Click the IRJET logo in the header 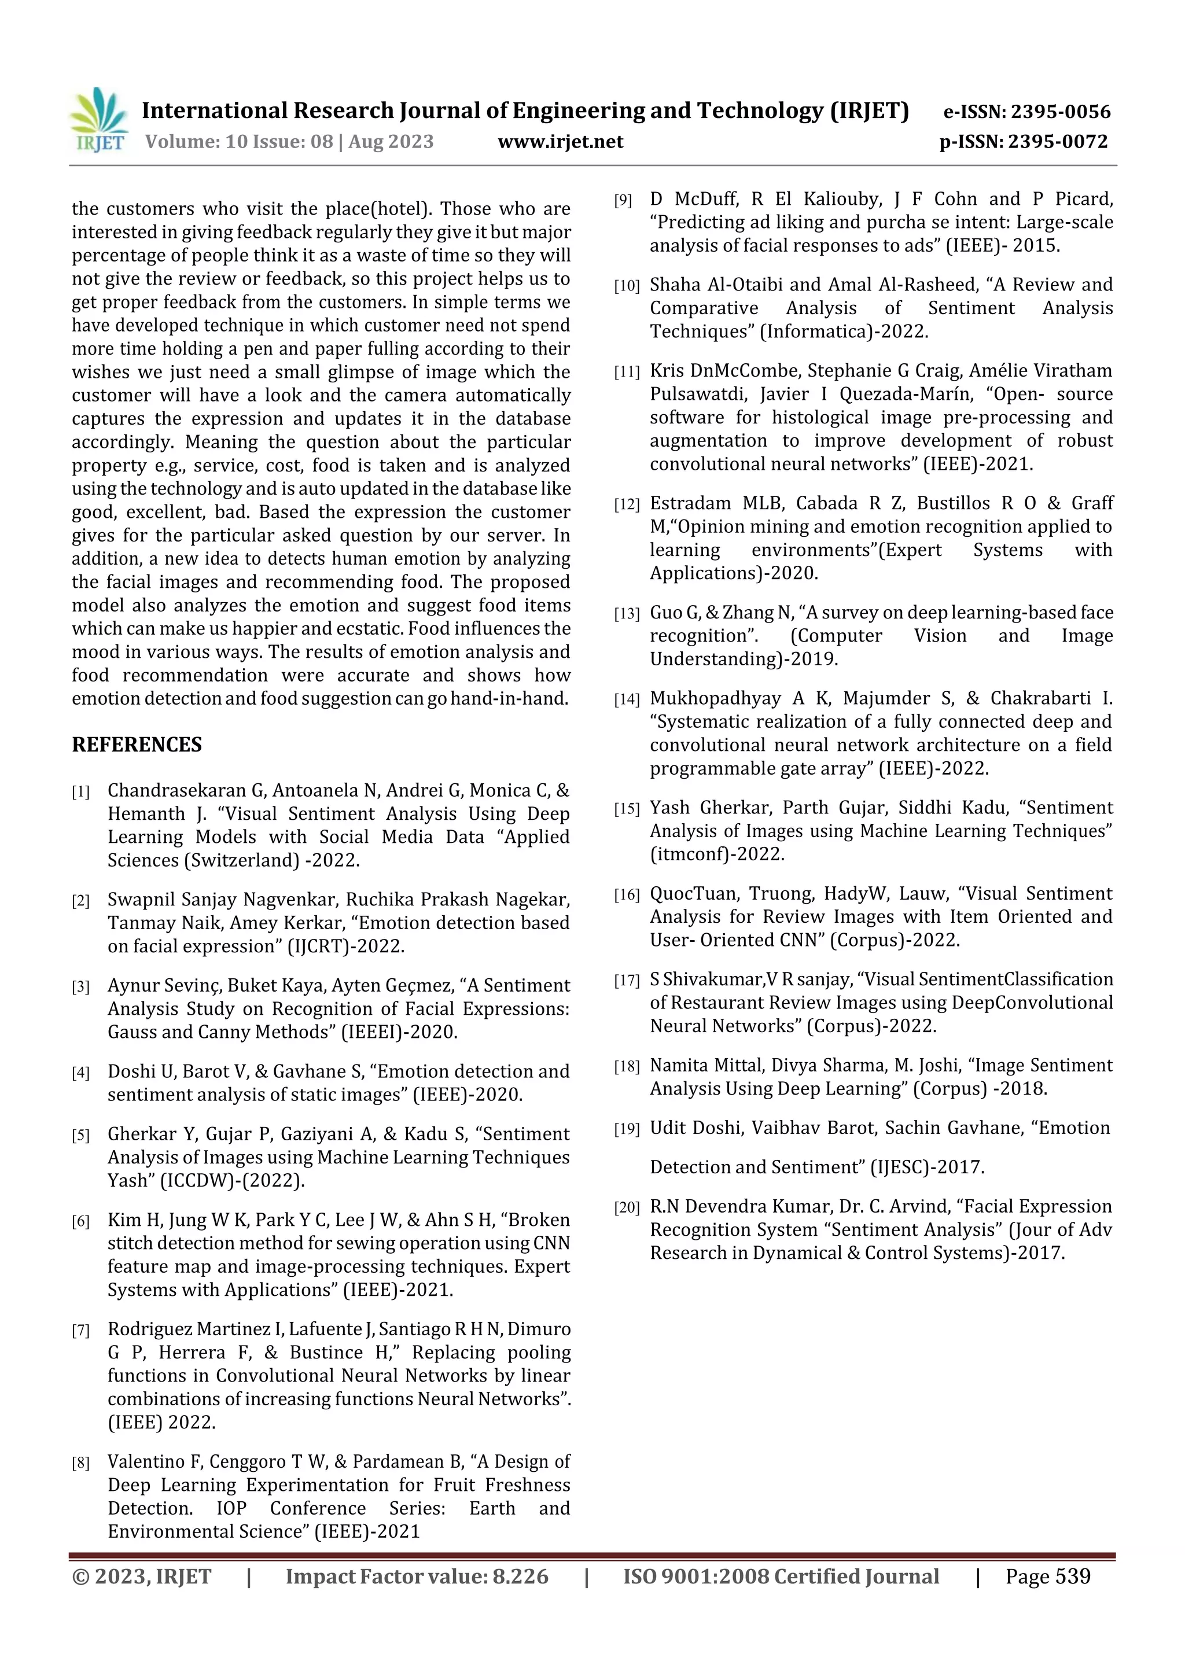click(x=98, y=120)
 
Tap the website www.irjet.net click(x=560, y=142)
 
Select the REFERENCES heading click(x=137, y=745)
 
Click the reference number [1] click(x=80, y=792)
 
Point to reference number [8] click(x=80, y=1463)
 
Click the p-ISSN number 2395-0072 click(x=1057, y=142)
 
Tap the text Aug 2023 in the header click(x=391, y=142)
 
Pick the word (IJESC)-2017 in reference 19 click(x=926, y=1167)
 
